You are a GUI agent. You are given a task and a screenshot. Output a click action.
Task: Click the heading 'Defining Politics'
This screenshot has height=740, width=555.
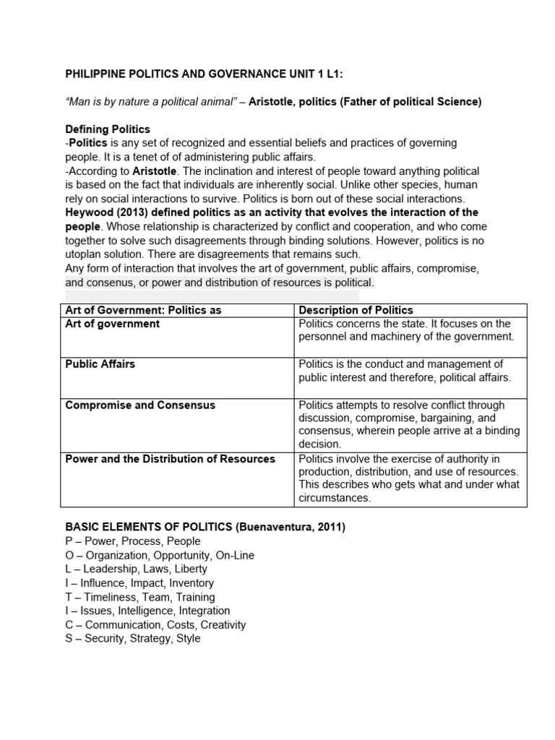[108, 129]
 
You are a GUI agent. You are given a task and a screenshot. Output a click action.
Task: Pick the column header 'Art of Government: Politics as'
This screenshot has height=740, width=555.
[143, 310]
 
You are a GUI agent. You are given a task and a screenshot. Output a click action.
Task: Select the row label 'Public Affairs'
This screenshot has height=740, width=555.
[100, 364]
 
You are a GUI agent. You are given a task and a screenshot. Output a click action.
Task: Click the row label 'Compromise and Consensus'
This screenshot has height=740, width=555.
[140, 405]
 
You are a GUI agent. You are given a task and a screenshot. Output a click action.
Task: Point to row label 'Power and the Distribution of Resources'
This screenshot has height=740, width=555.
[170, 459]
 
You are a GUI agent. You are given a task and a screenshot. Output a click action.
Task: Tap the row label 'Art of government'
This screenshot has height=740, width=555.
[112, 324]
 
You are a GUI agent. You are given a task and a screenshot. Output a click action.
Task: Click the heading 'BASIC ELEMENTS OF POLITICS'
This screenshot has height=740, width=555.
[149, 528]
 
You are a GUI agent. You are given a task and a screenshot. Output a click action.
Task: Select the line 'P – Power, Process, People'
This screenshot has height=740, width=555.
[133, 541]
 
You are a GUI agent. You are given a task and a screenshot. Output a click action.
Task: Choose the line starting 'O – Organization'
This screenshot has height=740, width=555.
[160, 556]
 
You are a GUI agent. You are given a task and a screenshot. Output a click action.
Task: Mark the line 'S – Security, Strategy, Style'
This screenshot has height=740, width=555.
[133, 639]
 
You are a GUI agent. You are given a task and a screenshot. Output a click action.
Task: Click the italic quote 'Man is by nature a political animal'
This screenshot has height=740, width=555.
[154, 102]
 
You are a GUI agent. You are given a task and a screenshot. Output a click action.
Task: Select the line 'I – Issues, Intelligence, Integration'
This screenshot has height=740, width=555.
[147, 611]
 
